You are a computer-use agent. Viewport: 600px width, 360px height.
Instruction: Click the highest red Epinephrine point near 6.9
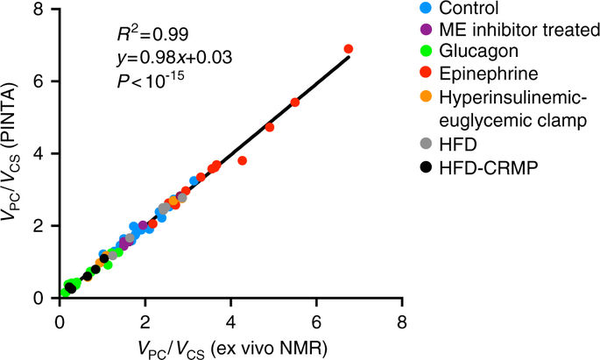click(x=349, y=49)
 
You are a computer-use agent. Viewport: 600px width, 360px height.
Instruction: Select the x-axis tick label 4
click(x=230, y=320)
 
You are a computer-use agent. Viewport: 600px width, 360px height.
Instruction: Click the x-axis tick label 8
click(x=402, y=320)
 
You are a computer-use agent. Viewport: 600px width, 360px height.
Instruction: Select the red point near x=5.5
click(x=294, y=102)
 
